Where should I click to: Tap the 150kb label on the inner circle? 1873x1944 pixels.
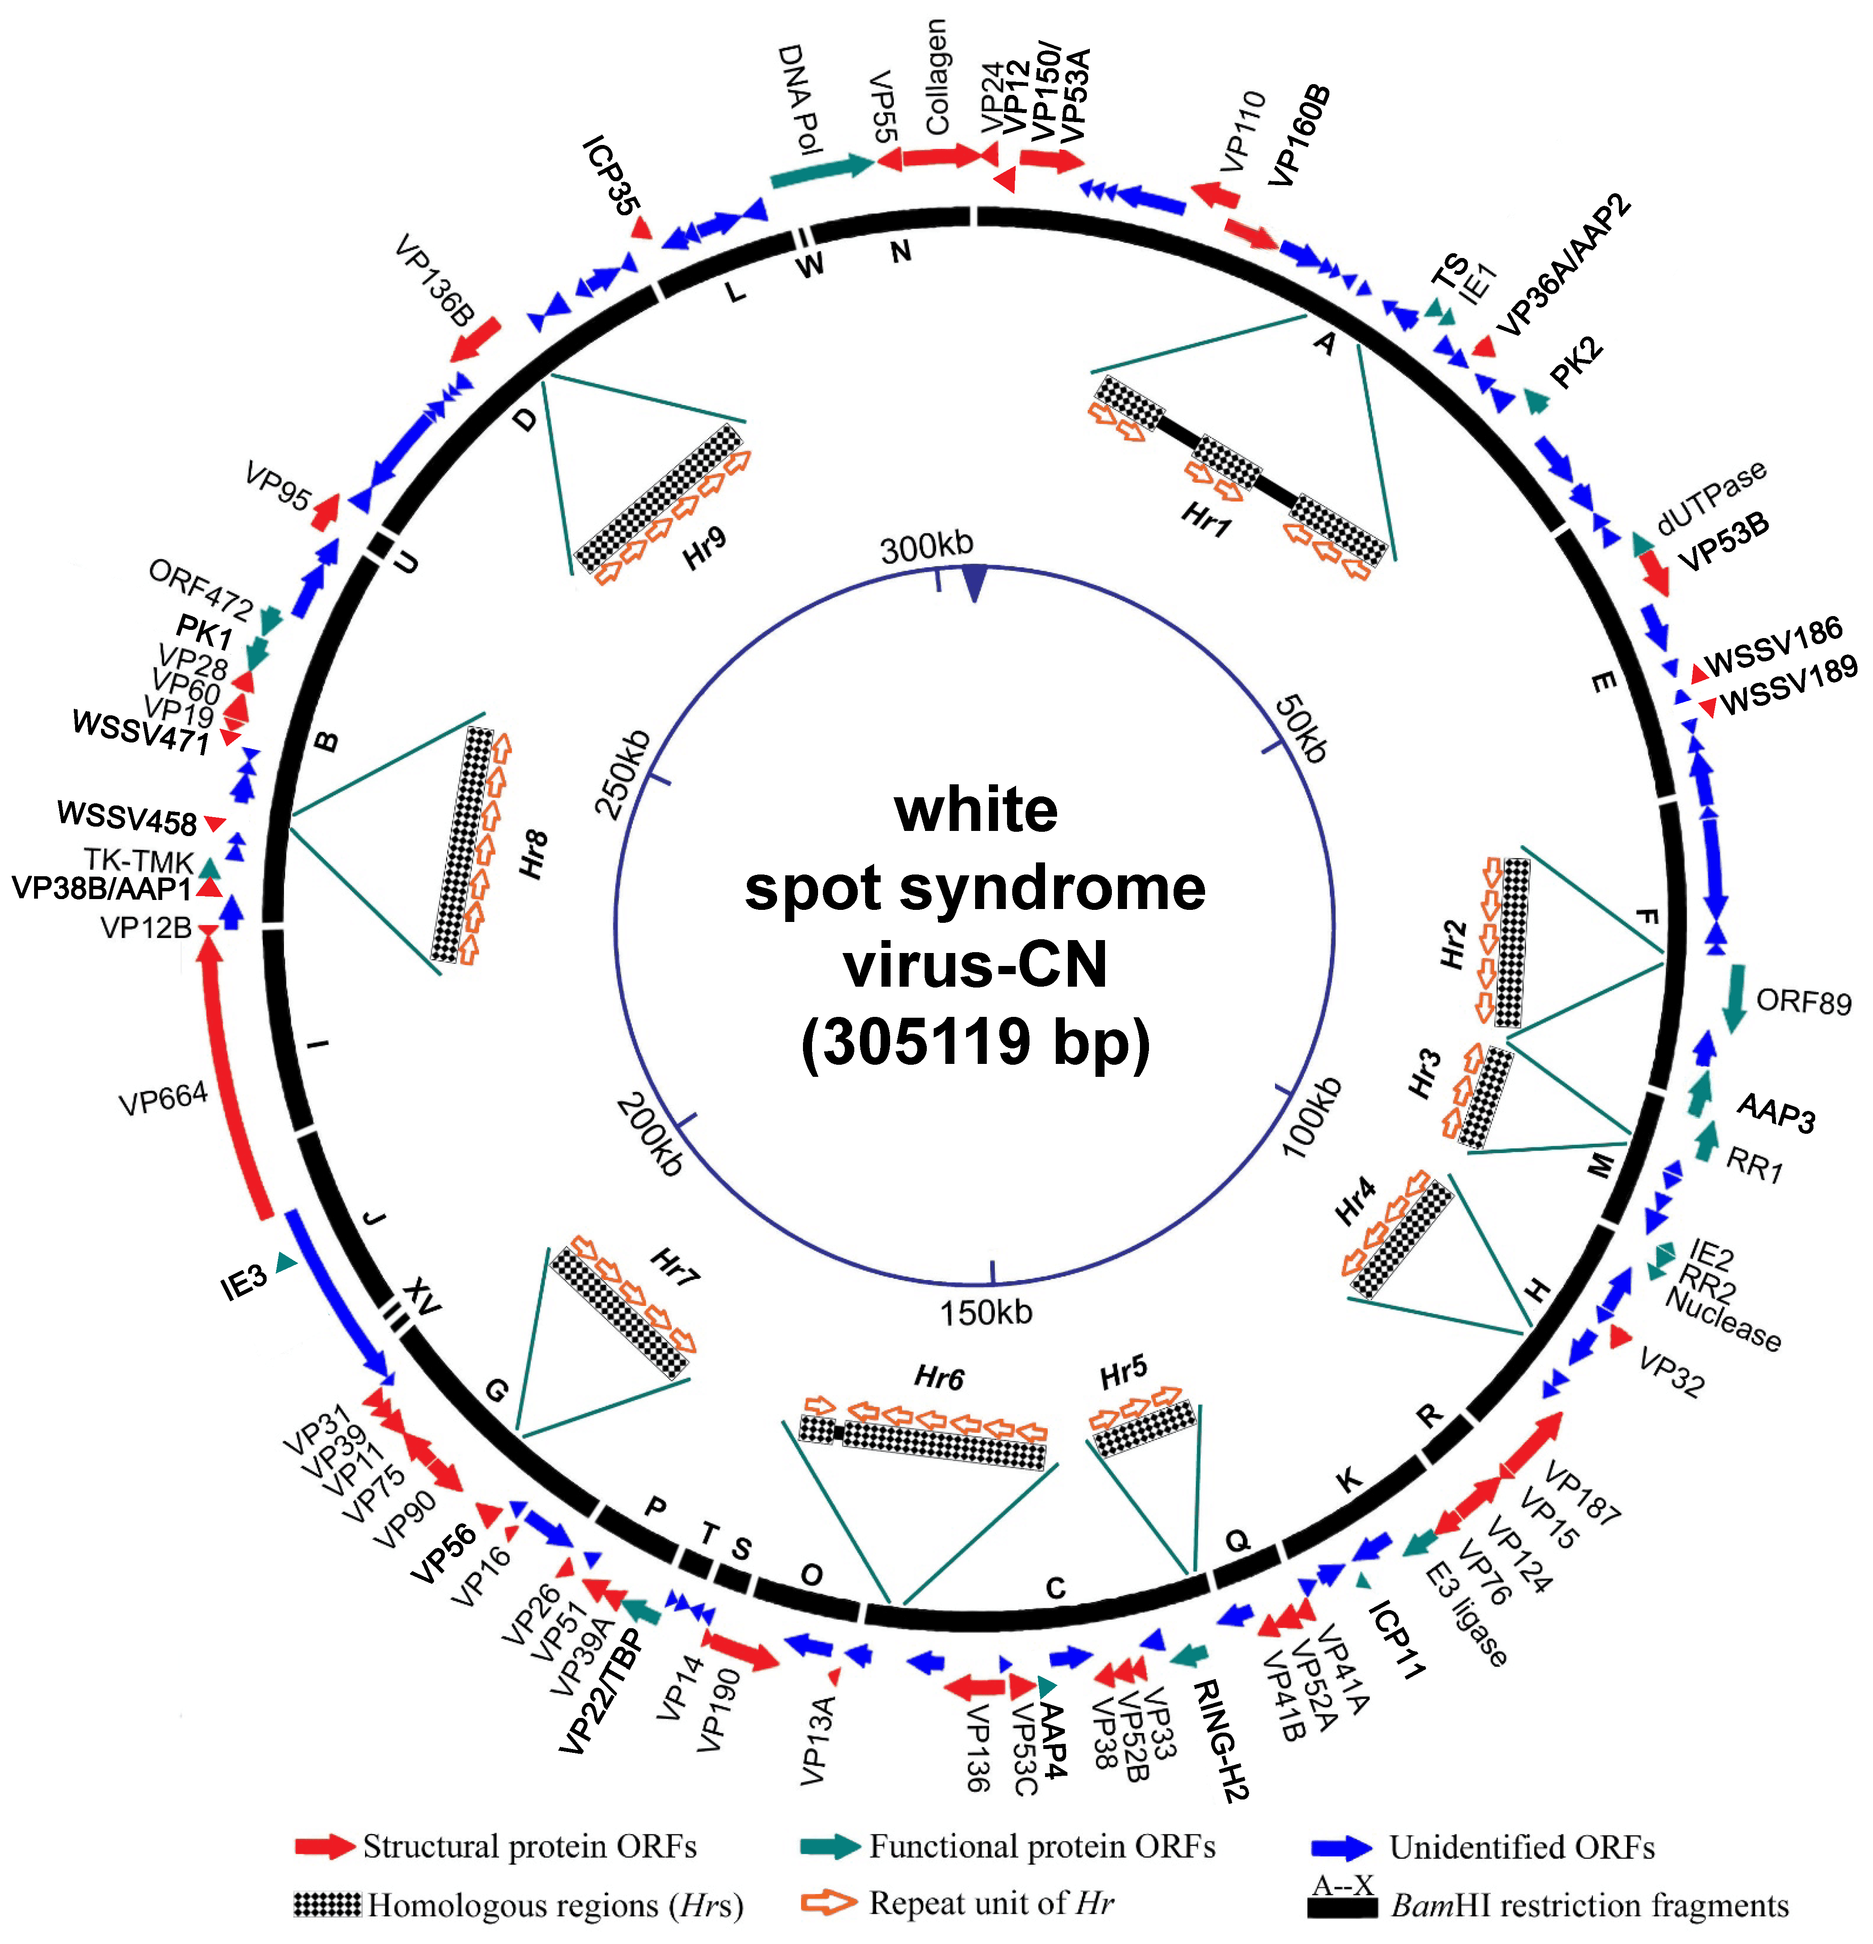click(x=986, y=1312)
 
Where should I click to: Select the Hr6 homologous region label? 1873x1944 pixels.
click(x=938, y=1378)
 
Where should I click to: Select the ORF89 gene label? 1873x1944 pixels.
click(x=1804, y=1002)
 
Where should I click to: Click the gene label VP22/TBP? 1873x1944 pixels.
click(x=601, y=1691)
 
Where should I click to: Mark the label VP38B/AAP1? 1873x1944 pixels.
click(x=101, y=888)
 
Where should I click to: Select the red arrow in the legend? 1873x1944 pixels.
click(x=324, y=1846)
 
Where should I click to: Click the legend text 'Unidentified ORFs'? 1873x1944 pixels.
click(x=1522, y=1847)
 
